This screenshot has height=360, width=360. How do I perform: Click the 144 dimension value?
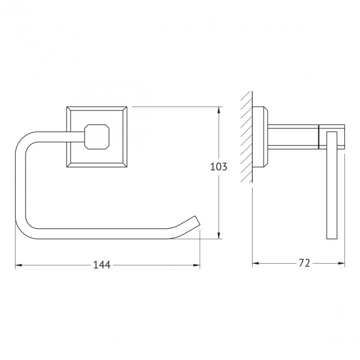pyautogui.click(x=102, y=265)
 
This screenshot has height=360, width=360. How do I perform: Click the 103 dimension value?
pyautogui.click(x=219, y=167)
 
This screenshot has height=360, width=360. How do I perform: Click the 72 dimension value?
pyautogui.click(x=305, y=263)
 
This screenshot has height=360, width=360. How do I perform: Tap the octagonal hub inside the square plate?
pyautogui.click(x=97, y=137)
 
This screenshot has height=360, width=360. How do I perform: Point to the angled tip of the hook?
pyautogui.click(x=198, y=220)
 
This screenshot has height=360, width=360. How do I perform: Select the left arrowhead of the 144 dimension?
pyautogui.click(x=18, y=265)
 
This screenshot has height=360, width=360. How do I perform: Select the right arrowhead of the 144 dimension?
pyautogui.click(x=197, y=265)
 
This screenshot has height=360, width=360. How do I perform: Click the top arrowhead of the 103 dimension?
pyautogui.click(x=219, y=110)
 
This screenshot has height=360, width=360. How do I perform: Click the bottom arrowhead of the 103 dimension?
pyautogui.click(x=219, y=235)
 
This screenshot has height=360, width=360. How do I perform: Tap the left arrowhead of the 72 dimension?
pyautogui.click(x=255, y=263)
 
